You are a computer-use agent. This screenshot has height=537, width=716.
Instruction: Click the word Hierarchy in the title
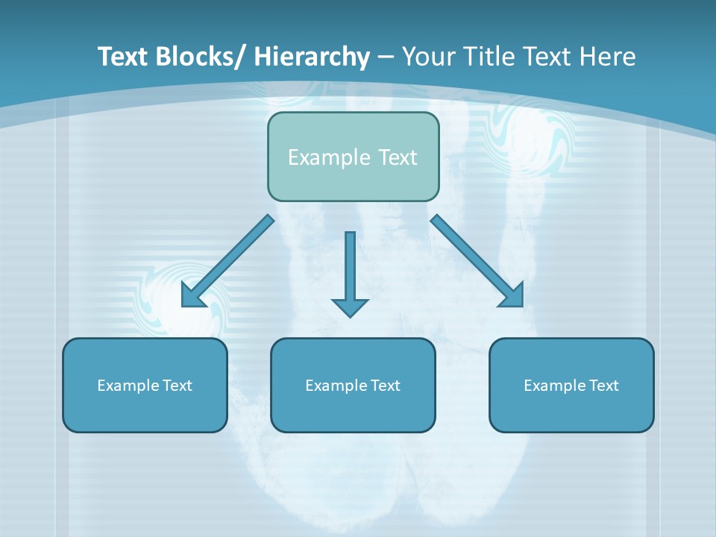[x=312, y=57]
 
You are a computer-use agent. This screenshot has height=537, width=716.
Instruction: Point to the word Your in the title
[x=428, y=57]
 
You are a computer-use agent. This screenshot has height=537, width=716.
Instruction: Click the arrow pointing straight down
[x=350, y=268]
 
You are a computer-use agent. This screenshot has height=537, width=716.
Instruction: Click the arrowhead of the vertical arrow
[x=350, y=307]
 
